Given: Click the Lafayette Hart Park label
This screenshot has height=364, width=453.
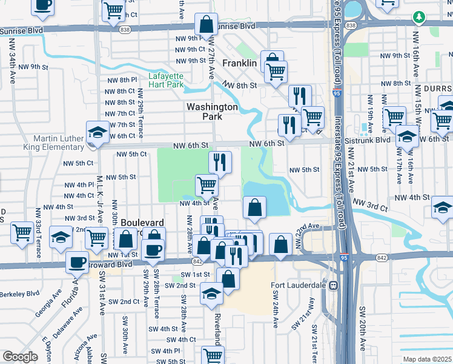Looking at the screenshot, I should [166, 81].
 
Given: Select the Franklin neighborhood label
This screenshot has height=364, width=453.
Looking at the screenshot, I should [240, 63].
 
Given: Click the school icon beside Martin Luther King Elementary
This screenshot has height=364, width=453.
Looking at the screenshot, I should [97, 133].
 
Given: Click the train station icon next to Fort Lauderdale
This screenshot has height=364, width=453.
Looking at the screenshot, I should [332, 285].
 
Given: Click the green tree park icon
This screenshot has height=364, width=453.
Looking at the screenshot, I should [417, 16].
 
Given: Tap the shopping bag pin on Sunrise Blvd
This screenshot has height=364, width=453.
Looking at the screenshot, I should [207, 25].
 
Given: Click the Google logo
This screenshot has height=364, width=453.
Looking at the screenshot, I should [20, 357].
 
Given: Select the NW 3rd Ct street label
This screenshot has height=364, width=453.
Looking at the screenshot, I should [369, 207].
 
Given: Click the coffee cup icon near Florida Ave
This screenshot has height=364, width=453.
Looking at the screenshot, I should [78, 263].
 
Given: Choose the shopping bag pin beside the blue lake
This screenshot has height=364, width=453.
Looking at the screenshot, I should [254, 207].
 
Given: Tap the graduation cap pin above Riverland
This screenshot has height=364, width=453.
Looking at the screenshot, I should [211, 294].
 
